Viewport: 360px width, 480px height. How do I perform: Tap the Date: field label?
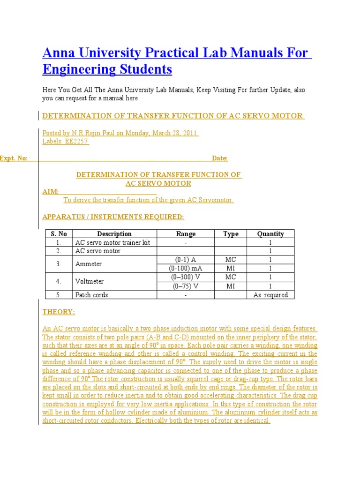point(220,158)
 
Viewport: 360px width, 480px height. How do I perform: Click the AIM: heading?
point(51,191)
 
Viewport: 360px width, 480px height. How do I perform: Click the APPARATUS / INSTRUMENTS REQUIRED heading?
point(113,217)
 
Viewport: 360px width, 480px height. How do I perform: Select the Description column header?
point(114,234)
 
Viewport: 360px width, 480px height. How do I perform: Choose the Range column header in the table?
point(186,234)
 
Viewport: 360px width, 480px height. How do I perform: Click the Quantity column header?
point(270,234)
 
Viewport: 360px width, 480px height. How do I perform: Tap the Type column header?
point(231,234)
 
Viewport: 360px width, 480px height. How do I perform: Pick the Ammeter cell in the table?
point(89,264)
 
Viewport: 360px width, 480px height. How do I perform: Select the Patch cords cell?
point(91,295)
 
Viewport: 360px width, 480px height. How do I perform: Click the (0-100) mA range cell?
point(186,268)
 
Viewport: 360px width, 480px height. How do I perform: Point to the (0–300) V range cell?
point(186,277)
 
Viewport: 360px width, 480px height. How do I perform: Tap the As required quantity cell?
point(270,295)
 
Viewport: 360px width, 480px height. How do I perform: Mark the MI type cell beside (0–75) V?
point(231,286)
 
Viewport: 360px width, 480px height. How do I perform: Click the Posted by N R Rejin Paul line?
point(121,133)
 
